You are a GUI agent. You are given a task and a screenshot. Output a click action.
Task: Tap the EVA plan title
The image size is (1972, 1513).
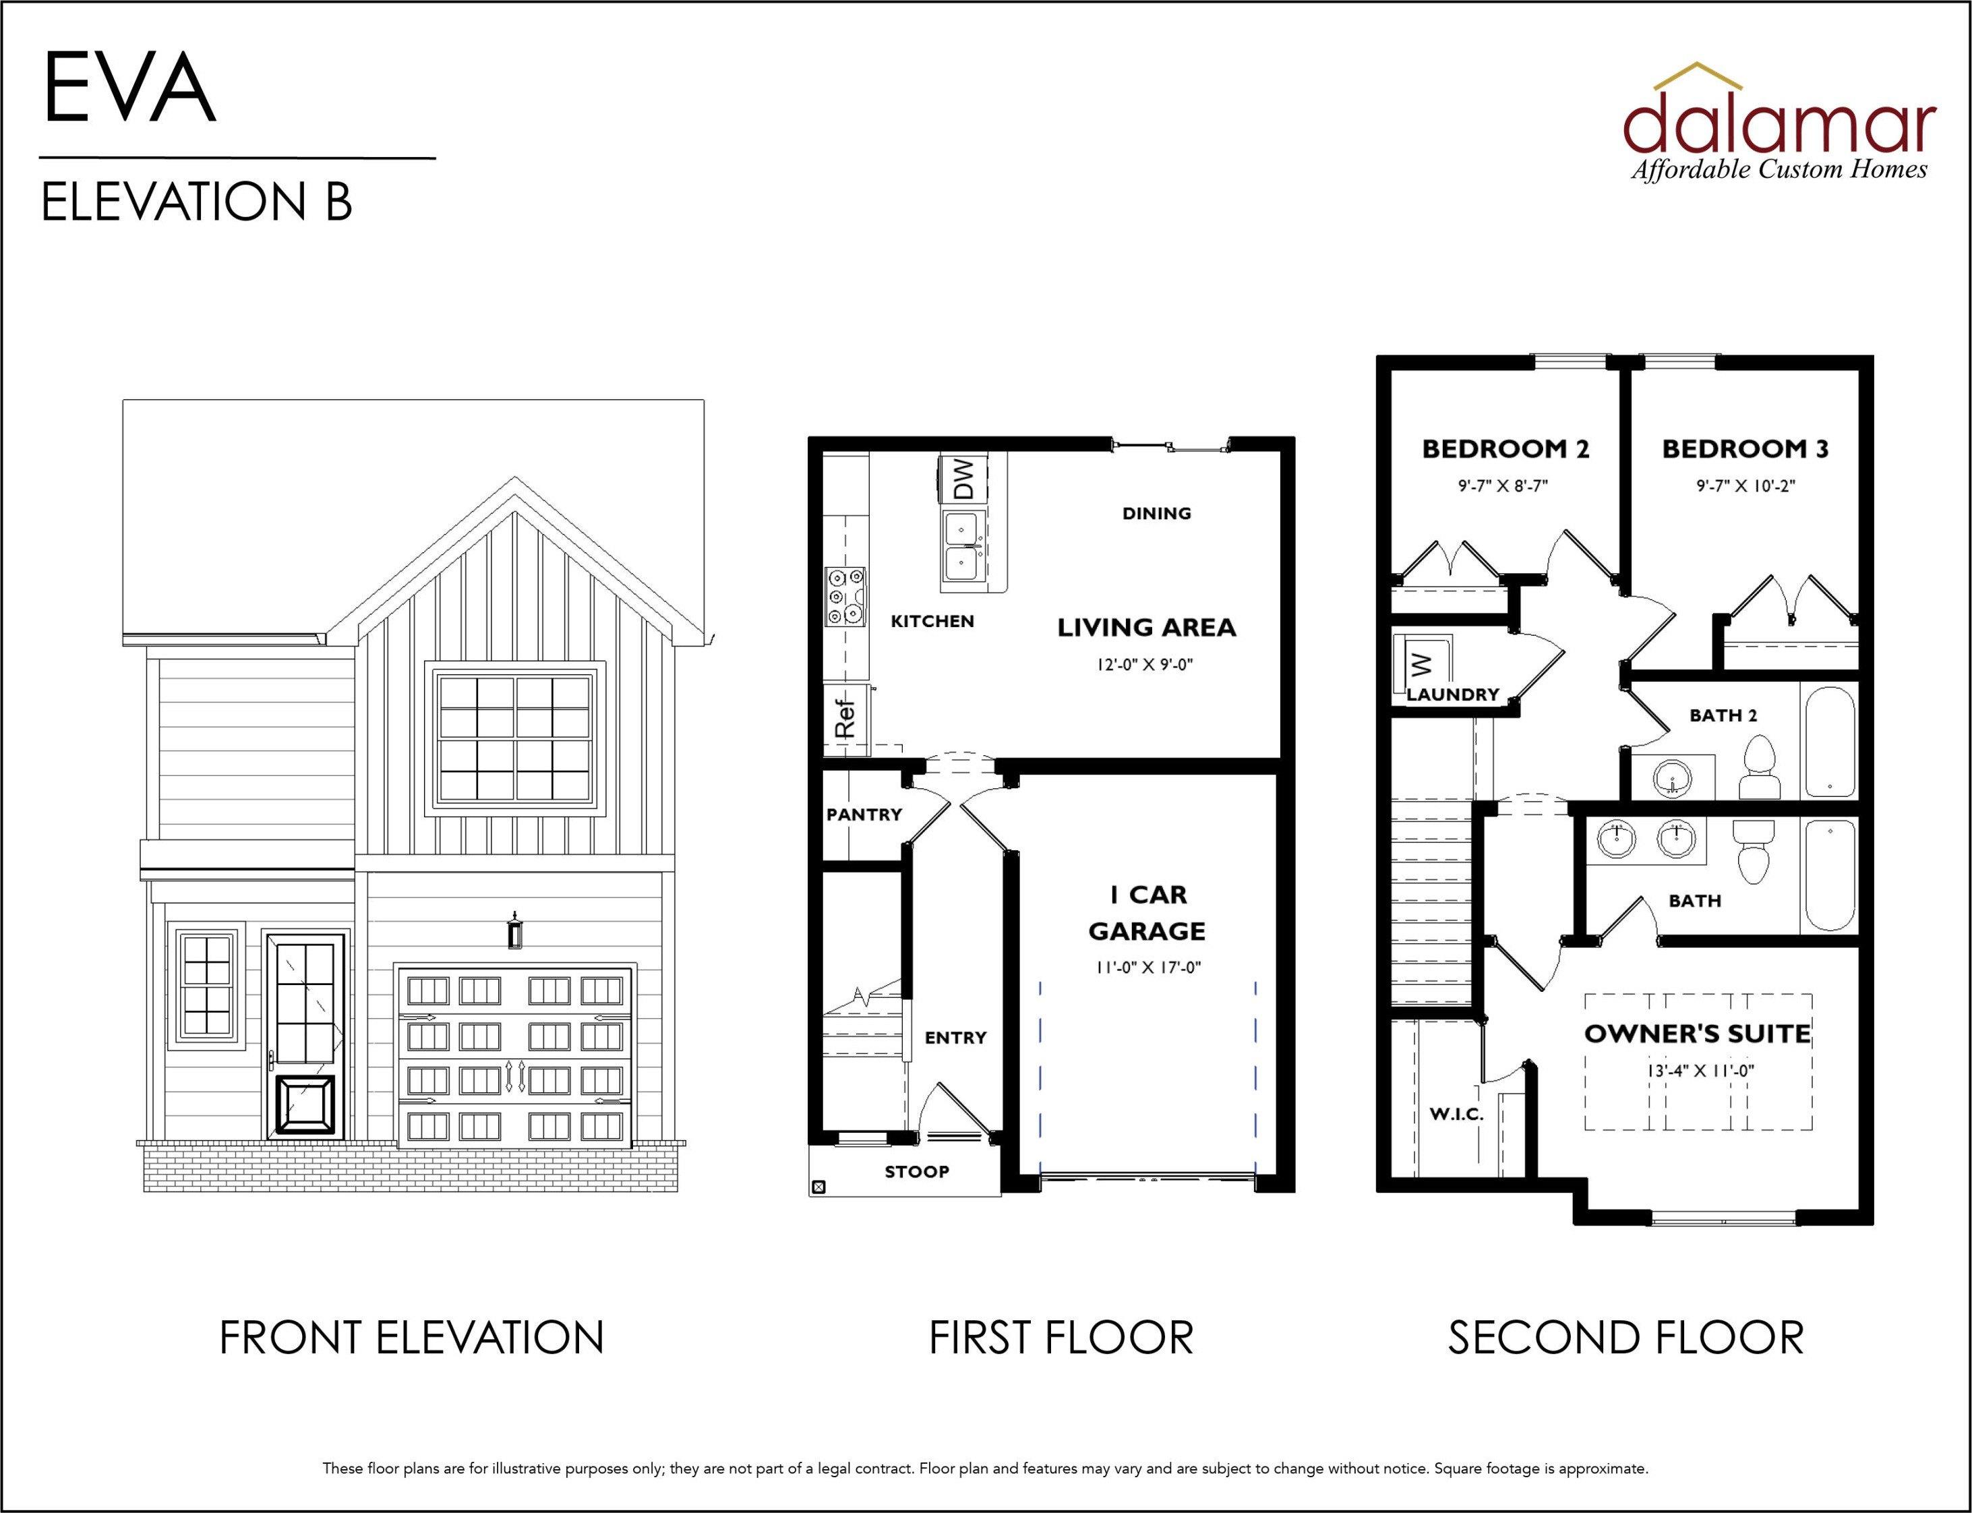click(129, 88)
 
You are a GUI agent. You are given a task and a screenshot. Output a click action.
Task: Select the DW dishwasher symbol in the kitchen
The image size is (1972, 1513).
click(963, 478)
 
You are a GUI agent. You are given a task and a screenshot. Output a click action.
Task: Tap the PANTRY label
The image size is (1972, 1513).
click(864, 814)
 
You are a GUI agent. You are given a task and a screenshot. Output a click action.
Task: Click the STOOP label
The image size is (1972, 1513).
click(917, 1172)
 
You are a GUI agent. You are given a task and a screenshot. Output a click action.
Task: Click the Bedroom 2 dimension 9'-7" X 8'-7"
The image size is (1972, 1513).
click(1503, 485)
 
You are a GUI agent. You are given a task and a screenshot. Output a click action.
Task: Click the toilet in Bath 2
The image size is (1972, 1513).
click(1757, 767)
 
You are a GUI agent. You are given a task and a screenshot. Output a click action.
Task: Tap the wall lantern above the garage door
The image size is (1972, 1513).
click(514, 929)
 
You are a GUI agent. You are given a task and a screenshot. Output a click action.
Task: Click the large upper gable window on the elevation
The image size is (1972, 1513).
click(515, 738)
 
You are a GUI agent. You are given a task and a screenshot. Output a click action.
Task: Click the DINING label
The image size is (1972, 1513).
click(1157, 513)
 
